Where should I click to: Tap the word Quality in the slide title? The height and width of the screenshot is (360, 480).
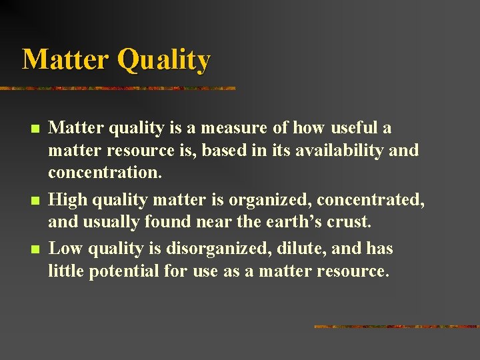pos(163,61)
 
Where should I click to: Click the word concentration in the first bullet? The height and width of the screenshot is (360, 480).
pos(104,173)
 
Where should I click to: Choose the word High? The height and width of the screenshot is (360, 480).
pos(67,200)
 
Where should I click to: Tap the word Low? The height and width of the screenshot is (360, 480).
pos(65,249)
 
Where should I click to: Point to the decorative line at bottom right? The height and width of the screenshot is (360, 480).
pos(396,327)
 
